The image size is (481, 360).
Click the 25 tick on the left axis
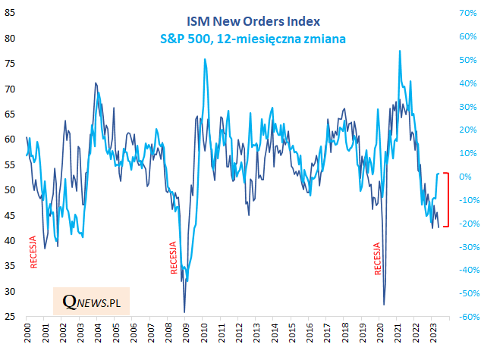pyautogui.click(x=11, y=317)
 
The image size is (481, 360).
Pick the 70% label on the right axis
pyautogui.click(x=466, y=13)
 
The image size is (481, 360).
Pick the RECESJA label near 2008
pyautogui.click(x=174, y=257)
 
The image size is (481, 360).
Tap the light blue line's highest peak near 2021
pyautogui.click(x=400, y=51)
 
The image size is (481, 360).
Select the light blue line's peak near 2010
pyautogui.click(x=206, y=59)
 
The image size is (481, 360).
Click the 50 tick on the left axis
pyautogui.click(x=11, y=190)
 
